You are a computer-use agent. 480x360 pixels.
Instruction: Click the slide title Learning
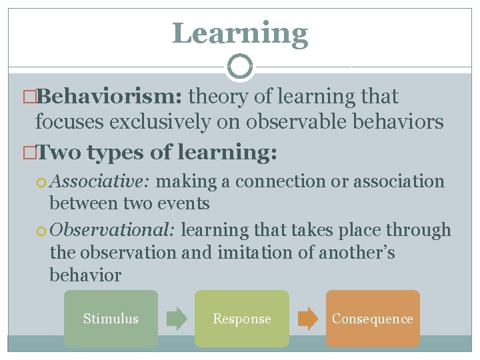click(x=240, y=33)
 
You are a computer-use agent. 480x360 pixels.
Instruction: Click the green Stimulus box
click(x=111, y=319)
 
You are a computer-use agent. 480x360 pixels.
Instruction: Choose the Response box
click(x=241, y=319)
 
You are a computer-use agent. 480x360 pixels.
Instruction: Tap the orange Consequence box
click(x=372, y=319)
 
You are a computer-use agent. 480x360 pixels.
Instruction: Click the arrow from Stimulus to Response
click(x=177, y=319)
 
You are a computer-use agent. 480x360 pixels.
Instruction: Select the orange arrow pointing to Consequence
click(x=307, y=319)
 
